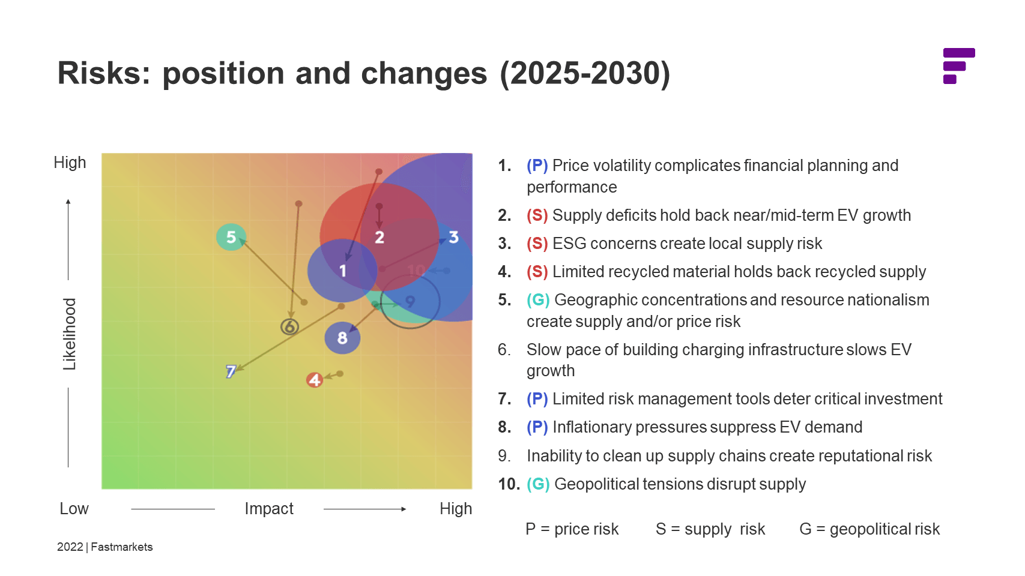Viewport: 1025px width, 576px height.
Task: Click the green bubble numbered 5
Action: pos(231,237)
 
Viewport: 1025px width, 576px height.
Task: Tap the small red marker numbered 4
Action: pos(315,380)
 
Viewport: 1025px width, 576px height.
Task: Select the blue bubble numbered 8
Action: pos(342,338)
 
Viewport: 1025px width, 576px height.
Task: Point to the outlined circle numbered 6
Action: pos(290,327)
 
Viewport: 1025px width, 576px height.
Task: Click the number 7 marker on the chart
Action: pos(231,371)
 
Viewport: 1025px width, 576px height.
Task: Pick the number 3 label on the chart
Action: pos(453,238)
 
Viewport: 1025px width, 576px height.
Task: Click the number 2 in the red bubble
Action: pos(379,238)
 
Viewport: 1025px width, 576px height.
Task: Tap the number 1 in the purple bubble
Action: pos(343,271)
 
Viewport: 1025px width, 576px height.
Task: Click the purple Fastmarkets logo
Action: pos(958,66)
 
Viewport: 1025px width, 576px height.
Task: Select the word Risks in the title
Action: pos(103,73)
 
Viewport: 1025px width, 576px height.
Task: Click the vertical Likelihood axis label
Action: pos(70,334)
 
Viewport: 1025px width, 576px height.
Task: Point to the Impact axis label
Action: pos(269,509)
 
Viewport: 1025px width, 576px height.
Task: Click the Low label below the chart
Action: pos(74,509)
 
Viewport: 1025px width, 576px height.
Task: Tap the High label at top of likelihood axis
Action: pos(70,163)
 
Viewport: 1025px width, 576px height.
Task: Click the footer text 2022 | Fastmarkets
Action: pos(105,547)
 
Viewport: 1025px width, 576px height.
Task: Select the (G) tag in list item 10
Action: pos(538,484)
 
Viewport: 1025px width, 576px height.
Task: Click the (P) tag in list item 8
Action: pos(537,427)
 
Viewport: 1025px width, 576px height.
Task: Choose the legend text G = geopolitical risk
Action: pos(869,529)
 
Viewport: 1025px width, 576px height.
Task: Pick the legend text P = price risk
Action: pos(572,529)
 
